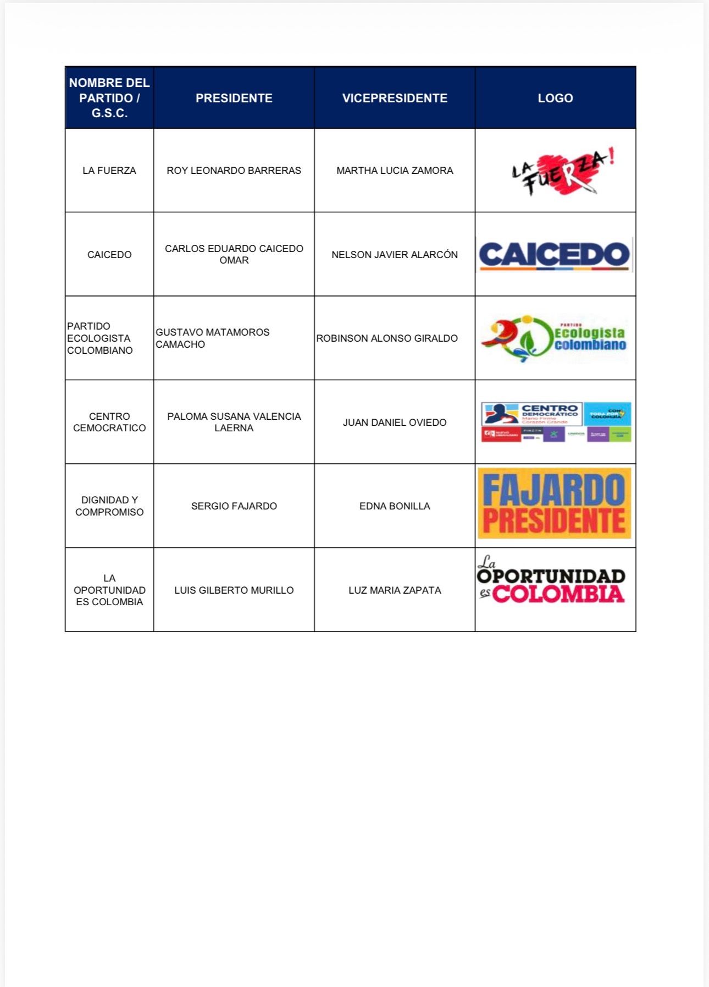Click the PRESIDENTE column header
pyautogui.click(x=234, y=98)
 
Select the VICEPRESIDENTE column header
pyautogui.click(x=395, y=98)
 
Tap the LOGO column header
pyautogui.click(x=555, y=98)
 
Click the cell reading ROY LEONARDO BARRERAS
pyautogui.click(x=234, y=171)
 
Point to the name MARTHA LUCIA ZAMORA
pyautogui.click(x=395, y=171)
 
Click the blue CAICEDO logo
pyautogui.click(x=554, y=255)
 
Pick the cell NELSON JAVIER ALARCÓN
pyautogui.click(x=395, y=255)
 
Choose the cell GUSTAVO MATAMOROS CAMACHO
pyautogui.click(x=213, y=338)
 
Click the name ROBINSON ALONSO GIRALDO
pyautogui.click(x=387, y=338)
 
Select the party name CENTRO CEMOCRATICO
pyautogui.click(x=109, y=422)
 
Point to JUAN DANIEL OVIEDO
pyautogui.click(x=395, y=423)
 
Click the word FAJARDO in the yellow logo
pyautogui.click(x=554, y=490)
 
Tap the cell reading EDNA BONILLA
pyautogui.click(x=395, y=506)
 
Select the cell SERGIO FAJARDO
pyautogui.click(x=234, y=506)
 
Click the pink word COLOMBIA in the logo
pyautogui.click(x=558, y=594)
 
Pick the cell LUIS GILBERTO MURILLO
pyautogui.click(x=234, y=590)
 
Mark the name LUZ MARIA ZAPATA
pyautogui.click(x=395, y=590)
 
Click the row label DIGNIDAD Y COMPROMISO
pyautogui.click(x=109, y=506)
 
